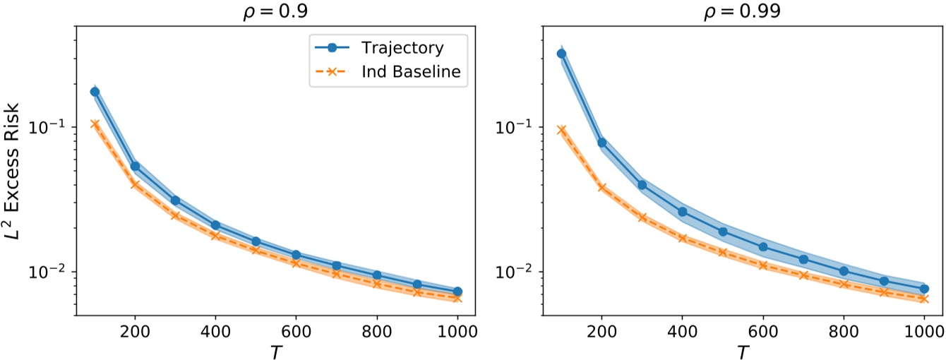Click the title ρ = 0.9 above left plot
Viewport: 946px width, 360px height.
(x=275, y=12)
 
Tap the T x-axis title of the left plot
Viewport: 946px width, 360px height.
(x=275, y=348)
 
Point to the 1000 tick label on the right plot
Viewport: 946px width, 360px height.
(x=924, y=329)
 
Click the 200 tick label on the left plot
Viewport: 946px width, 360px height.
(x=135, y=329)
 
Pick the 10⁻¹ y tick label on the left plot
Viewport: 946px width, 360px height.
(x=53, y=128)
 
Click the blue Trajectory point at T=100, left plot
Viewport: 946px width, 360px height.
(x=95, y=92)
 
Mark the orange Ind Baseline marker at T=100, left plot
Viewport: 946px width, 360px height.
(x=95, y=124)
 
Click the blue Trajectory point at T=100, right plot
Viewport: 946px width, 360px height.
(x=562, y=54)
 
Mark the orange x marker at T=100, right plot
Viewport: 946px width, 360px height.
(x=562, y=130)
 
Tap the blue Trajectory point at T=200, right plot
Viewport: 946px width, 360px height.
(x=602, y=143)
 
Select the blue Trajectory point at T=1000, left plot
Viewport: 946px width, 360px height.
(x=457, y=292)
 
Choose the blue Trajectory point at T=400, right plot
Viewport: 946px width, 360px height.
(x=683, y=212)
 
